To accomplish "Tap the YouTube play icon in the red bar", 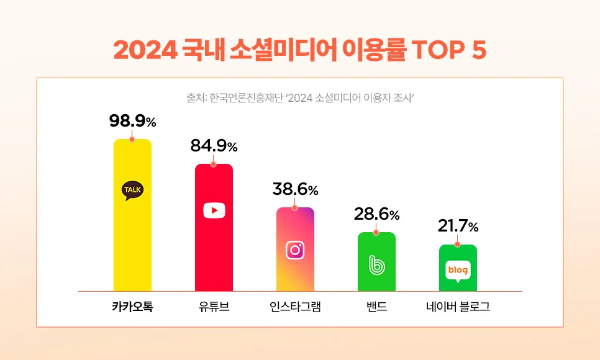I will pyautogui.click(x=214, y=210).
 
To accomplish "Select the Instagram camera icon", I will pyautogui.click(x=295, y=250).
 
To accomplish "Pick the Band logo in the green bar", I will pyautogui.click(x=376, y=265).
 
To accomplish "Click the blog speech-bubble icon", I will pyautogui.click(x=458, y=271).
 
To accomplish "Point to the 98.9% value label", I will pyautogui.click(x=132, y=122).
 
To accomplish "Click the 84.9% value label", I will pyautogui.click(x=214, y=147).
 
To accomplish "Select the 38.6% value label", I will pyautogui.click(x=295, y=189).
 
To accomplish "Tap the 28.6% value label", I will pyautogui.click(x=376, y=215).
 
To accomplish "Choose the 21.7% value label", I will pyautogui.click(x=458, y=227).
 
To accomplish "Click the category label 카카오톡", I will pyautogui.click(x=132, y=307).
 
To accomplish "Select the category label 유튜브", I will pyautogui.click(x=214, y=307).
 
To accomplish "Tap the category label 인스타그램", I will pyautogui.click(x=295, y=307).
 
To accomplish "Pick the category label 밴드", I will pyautogui.click(x=376, y=307).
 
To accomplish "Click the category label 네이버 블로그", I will pyautogui.click(x=458, y=307).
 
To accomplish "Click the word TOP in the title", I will pyautogui.click(x=433, y=50).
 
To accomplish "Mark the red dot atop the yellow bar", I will pyautogui.click(x=132, y=139).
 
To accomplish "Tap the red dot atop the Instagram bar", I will pyautogui.click(x=295, y=207).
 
